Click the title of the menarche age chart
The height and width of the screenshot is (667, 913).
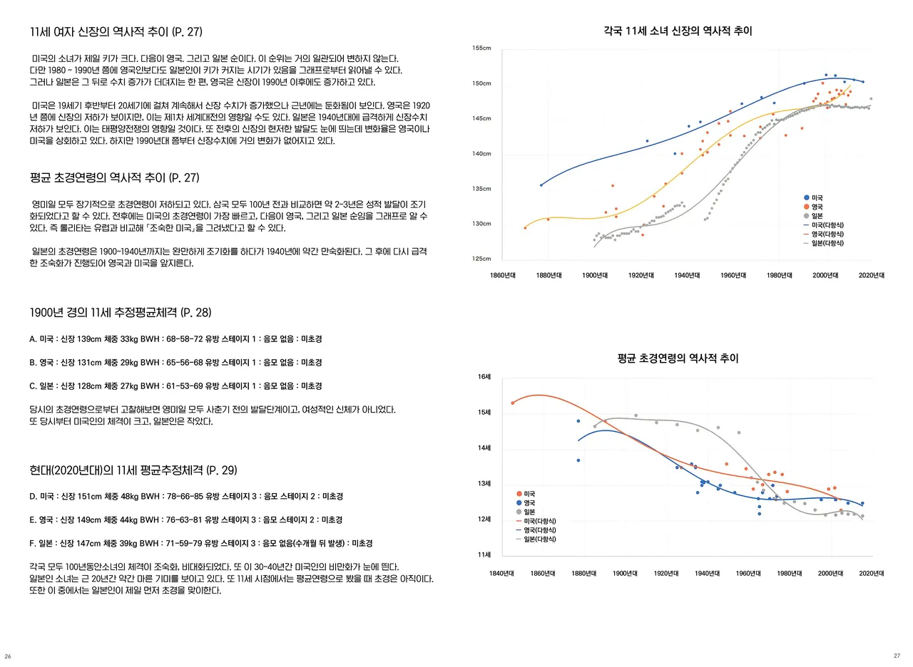(x=678, y=359)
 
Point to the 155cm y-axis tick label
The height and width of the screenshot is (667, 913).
(x=481, y=48)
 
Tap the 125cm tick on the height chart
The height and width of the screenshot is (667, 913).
(x=481, y=259)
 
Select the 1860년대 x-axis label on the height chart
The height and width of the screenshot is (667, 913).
(x=504, y=275)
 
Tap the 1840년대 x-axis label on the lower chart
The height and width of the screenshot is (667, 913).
(x=503, y=573)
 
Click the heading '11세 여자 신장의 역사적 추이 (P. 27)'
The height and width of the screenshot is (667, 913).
(x=116, y=31)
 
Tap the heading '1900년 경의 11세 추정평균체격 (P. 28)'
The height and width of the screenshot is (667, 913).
(x=121, y=313)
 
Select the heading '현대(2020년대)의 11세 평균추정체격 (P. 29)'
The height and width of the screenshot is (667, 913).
(x=133, y=470)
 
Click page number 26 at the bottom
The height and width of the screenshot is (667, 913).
(x=8, y=656)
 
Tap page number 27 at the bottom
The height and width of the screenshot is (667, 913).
(x=897, y=656)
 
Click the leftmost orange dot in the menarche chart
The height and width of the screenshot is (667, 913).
(x=512, y=403)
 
